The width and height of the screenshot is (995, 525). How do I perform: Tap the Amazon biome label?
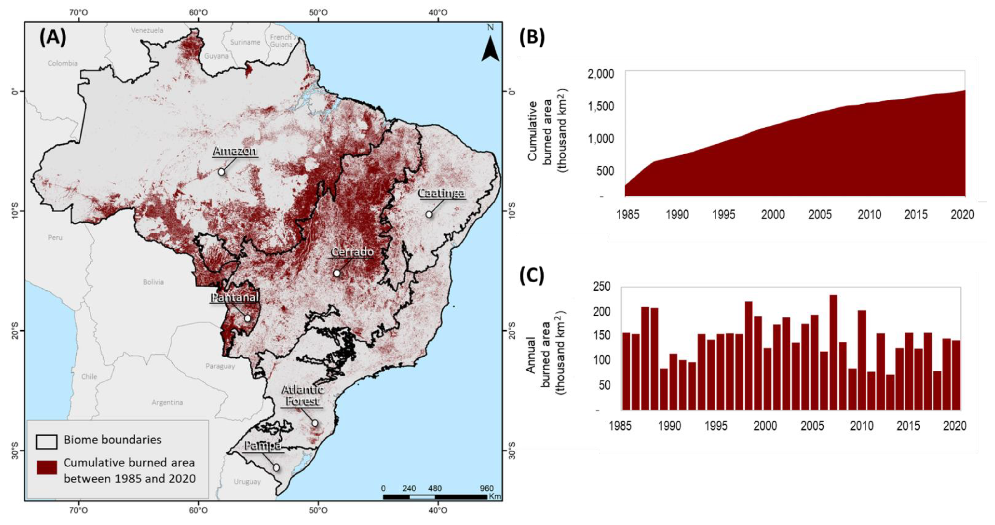coord(235,151)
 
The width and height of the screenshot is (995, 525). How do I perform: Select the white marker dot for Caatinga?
coord(429,214)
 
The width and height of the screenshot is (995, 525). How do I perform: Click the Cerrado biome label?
coord(352,252)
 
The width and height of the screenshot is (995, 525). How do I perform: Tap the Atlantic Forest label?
coord(302,395)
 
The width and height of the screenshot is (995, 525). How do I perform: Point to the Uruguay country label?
coord(247,482)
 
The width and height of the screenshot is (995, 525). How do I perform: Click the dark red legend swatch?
coord(47,467)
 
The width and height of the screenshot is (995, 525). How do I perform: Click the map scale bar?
coord(435,496)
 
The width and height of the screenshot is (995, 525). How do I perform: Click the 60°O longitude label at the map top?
coord(199,12)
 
